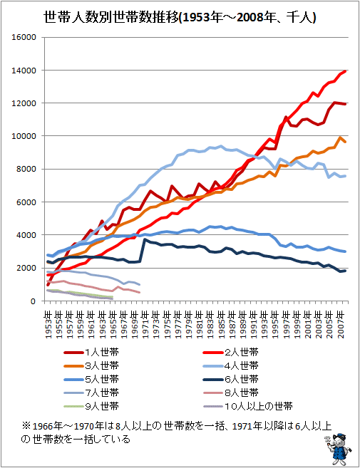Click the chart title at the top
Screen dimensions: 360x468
point(180,17)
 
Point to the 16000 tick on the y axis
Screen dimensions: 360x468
point(24,37)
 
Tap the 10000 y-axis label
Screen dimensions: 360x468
point(24,136)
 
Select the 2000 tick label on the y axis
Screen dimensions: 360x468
point(26,268)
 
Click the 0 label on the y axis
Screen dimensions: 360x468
point(34,301)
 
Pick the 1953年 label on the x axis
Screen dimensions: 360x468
point(48,325)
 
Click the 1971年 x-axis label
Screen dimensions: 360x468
point(145,325)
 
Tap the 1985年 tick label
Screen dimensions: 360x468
point(221,325)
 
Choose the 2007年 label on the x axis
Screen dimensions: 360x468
point(340,325)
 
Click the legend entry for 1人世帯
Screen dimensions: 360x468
point(91,353)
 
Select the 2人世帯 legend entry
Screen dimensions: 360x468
point(231,353)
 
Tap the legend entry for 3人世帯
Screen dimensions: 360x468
point(91,366)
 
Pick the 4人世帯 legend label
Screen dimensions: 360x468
point(231,366)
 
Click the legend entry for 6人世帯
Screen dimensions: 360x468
point(231,380)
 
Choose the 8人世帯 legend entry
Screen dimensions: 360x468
point(231,392)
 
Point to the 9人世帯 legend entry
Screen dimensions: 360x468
point(91,406)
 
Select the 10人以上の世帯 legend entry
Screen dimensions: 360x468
point(247,406)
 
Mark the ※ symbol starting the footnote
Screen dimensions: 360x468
point(26,426)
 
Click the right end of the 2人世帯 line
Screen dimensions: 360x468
point(345,71)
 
